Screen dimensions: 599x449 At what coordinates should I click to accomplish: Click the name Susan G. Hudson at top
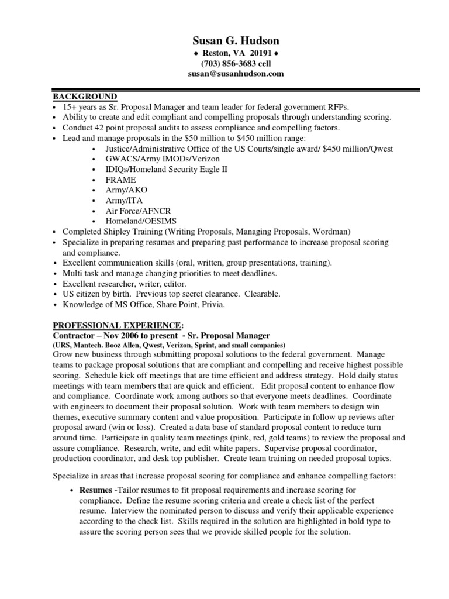click(236, 40)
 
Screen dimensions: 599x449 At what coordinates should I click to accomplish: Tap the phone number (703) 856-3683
click(224, 64)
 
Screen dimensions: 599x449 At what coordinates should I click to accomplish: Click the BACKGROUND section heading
click(85, 97)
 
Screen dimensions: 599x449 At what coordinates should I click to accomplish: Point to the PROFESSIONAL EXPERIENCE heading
click(118, 325)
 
